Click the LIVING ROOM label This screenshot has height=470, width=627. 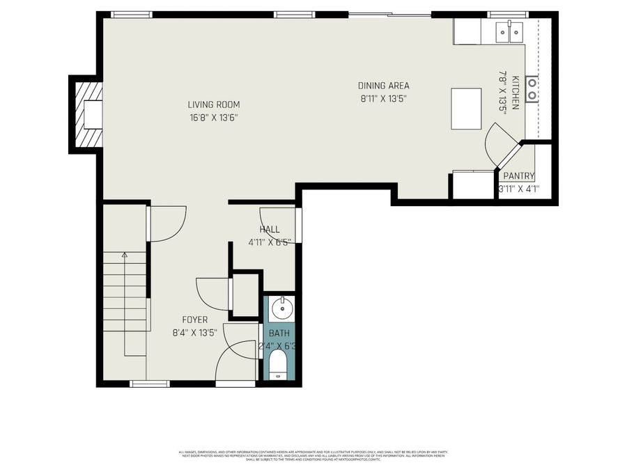point(213,105)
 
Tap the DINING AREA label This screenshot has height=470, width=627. point(383,86)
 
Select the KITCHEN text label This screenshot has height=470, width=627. point(516,93)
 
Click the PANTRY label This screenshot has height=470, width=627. point(518,176)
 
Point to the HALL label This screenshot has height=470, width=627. point(270,229)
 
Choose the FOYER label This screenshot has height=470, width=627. point(195,320)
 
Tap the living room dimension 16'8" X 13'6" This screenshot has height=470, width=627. point(213,118)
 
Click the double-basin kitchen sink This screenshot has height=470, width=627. point(509,31)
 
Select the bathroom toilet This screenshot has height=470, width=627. point(278,364)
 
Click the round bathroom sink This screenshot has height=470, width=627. point(281,306)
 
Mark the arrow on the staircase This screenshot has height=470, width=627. point(125,256)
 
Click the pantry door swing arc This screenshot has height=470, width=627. point(500,139)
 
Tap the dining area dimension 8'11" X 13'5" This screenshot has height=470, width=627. point(383,98)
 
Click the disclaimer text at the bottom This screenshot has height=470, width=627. point(313,455)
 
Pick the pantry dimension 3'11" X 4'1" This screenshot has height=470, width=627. point(519,189)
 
